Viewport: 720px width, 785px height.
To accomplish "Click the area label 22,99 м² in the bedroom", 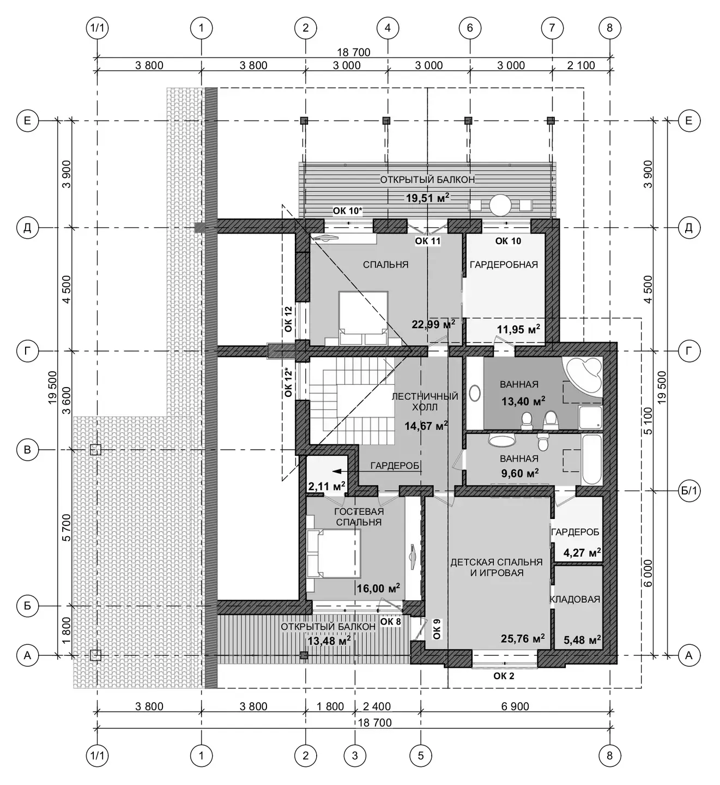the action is click(433, 324).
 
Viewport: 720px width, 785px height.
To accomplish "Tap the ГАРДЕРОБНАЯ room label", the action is click(504, 264).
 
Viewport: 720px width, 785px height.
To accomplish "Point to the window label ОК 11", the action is click(428, 241).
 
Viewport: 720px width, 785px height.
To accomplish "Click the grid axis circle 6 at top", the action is click(470, 28).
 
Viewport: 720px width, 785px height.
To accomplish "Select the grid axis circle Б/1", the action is click(689, 490).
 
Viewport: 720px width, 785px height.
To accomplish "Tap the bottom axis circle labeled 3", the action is click(355, 755).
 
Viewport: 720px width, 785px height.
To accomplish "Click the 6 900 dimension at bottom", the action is click(515, 706).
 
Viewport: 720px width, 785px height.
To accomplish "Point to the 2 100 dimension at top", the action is click(580, 65).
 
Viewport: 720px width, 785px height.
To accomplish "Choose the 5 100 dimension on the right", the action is click(648, 421).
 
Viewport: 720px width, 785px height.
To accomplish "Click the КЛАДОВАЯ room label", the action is click(575, 599).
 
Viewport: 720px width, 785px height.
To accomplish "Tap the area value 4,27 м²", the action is click(582, 553).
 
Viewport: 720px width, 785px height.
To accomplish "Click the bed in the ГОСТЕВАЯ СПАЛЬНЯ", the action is click(334, 553).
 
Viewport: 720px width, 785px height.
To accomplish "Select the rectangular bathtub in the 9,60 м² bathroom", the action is click(592, 460).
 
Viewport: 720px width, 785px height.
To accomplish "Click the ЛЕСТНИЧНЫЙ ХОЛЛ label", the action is click(425, 402).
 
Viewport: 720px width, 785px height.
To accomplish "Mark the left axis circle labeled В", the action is click(27, 450).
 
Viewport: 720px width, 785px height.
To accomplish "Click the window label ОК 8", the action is click(390, 621).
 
